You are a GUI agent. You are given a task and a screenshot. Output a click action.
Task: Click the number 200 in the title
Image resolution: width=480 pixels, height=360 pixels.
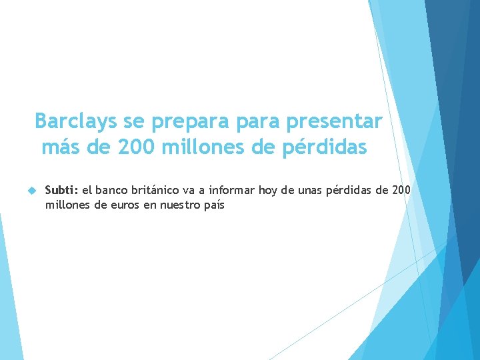coord(135,147)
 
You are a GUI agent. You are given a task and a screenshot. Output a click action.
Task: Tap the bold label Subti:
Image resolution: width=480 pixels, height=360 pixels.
coord(61,191)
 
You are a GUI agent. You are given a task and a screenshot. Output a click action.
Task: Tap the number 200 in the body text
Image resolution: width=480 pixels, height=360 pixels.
coord(401,191)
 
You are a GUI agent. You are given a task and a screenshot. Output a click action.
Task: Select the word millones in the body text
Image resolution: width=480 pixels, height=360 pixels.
coord(67,205)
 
